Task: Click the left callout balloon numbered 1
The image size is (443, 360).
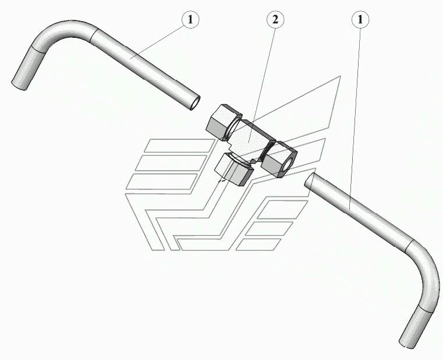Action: (x=190, y=19)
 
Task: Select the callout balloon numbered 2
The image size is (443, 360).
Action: (x=275, y=19)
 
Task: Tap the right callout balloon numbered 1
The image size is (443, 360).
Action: (x=360, y=19)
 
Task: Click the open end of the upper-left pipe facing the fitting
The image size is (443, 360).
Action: (x=194, y=103)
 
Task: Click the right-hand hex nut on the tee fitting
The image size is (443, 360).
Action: (x=279, y=158)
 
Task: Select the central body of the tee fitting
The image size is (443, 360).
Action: (x=250, y=140)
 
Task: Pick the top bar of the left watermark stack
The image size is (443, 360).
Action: (x=175, y=146)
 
